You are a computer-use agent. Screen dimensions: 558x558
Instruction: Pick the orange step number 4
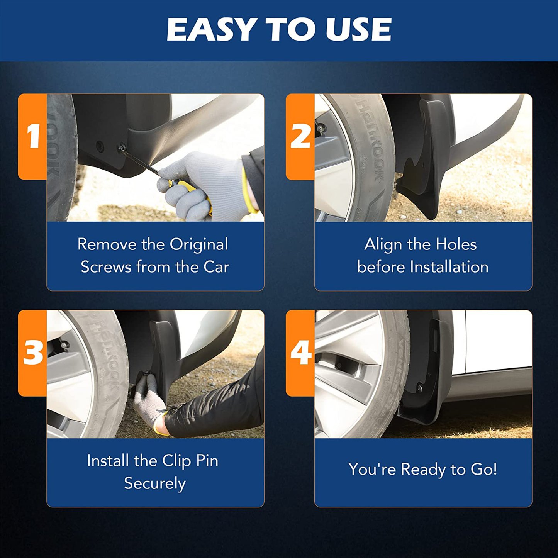click(x=301, y=353)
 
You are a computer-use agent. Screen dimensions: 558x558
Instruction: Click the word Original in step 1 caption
click(x=198, y=245)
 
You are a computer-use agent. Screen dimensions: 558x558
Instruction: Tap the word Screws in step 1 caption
click(x=106, y=267)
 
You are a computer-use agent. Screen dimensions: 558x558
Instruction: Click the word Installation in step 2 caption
click(x=449, y=267)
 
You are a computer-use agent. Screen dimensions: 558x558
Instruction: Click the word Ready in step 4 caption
click(x=423, y=470)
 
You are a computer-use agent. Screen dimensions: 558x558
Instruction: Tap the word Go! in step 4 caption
click(x=483, y=469)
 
